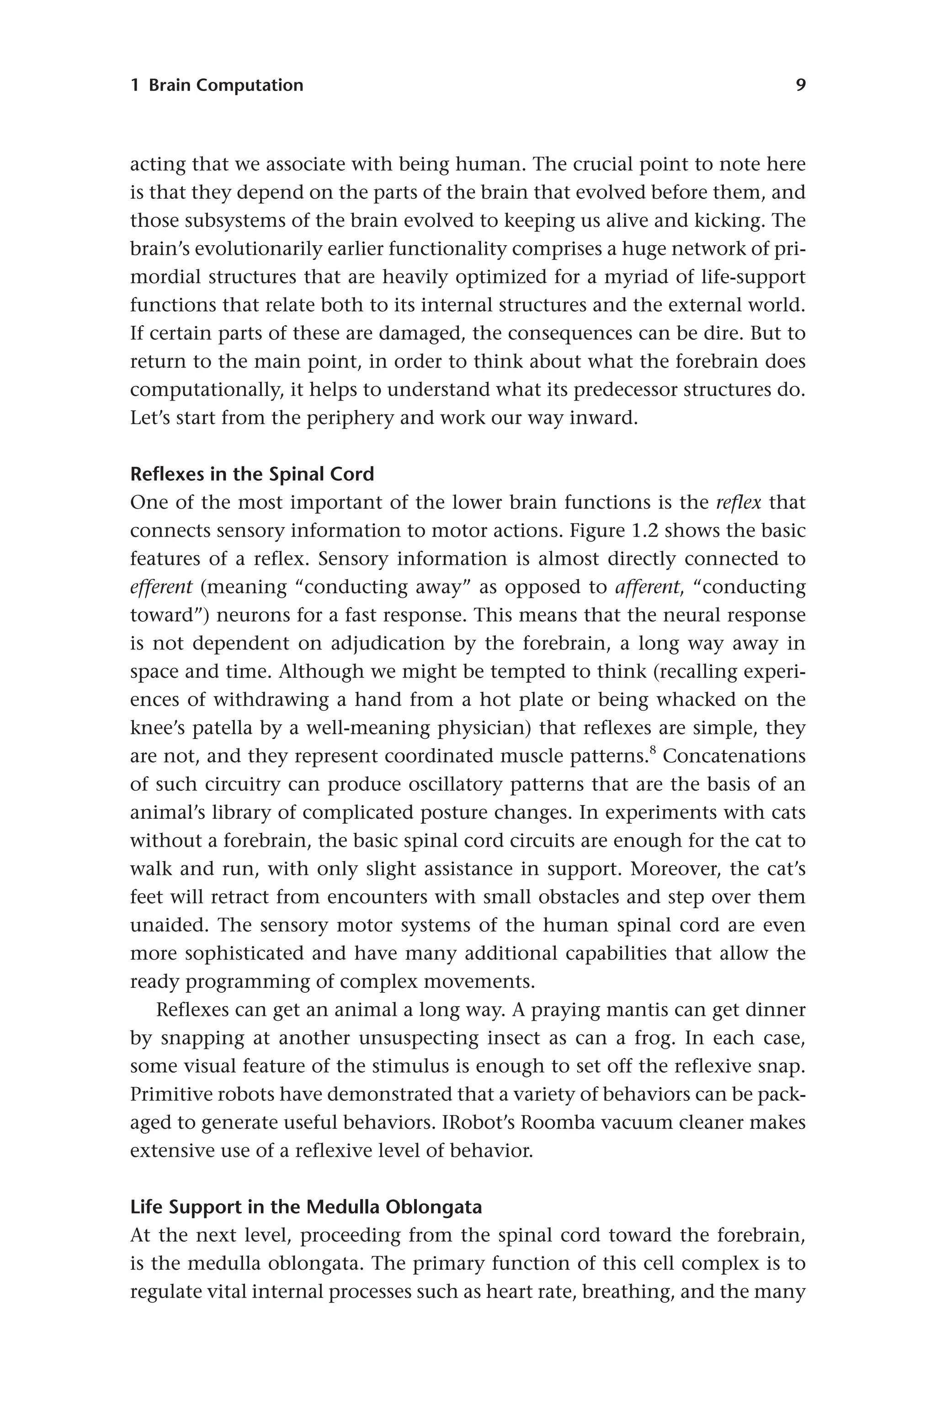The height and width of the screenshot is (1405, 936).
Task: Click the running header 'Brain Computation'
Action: click(x=226, y=86)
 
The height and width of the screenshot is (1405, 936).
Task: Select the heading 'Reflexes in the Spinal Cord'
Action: click(x=252, y=474)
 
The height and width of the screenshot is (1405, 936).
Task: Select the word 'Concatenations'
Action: click(x=734, y=756)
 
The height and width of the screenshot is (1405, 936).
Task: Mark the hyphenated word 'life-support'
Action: click(x=753, y=277)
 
